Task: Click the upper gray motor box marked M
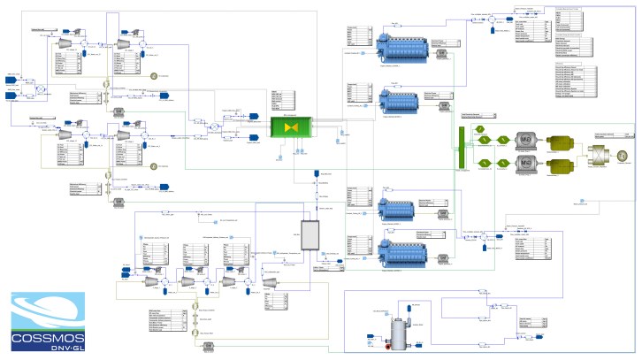point(524,142)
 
